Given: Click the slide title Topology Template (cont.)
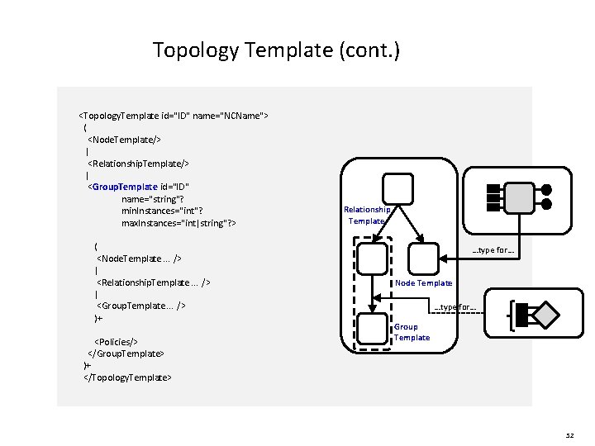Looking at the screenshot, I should click(276, 51).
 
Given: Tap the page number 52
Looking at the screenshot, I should click(569, 434).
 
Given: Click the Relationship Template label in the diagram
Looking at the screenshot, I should click(366, 216).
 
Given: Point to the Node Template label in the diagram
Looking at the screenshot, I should click(423, 283).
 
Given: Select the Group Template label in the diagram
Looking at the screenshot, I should click(412, 332).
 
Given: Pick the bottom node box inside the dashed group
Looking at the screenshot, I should click(373, 330).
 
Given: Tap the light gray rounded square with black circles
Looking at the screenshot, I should click(519, 197).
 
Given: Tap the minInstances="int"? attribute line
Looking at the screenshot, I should click(162, 211).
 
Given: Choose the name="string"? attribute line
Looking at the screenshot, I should click(153, 198).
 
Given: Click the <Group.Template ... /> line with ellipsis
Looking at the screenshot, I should click(140, 306).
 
